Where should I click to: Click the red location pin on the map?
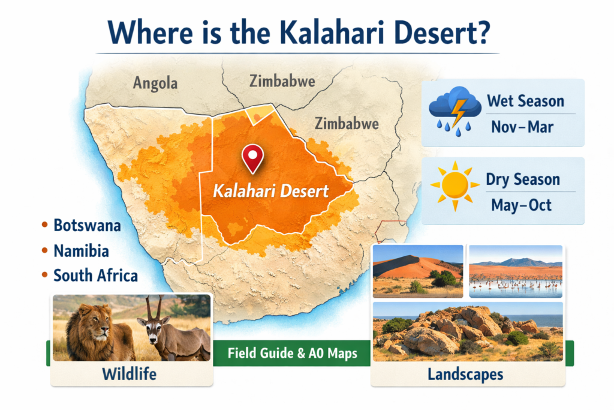pos(253,157)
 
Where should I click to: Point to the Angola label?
pos(155,83)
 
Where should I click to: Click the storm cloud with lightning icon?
pos(455,109)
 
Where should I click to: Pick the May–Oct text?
pos(522,205)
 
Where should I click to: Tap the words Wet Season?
pos(525,101)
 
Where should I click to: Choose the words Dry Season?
pos(523,179)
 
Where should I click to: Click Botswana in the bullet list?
pos(87,226)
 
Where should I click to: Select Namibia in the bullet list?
pos(81,250)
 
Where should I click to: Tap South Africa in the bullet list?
pos(95,276)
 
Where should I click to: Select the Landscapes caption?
pos(465,375)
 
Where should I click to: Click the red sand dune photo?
pos(418,271)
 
